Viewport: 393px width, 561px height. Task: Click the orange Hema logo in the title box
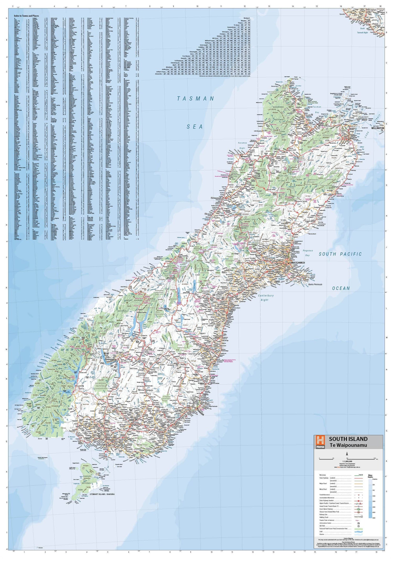coord(320,442)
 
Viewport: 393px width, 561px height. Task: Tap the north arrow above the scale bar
coord(347,454)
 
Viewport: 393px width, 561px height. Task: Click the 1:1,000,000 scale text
coord(347,461)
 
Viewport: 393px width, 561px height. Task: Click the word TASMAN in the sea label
coord(196,99)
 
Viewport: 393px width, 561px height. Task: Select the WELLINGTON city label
coord(377,128)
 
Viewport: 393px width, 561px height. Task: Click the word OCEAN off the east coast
coord(341,288)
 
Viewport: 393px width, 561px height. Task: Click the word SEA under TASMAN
coord(195,127)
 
